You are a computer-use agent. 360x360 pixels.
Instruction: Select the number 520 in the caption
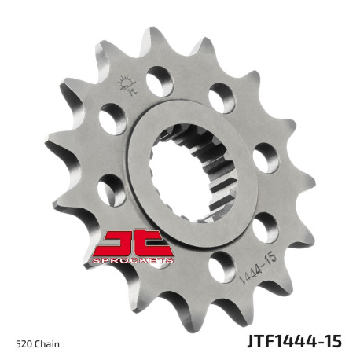pyautogui.click(x=24, y=343)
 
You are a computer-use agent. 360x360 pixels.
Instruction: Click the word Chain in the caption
pyautogui.click(x=46, y=343)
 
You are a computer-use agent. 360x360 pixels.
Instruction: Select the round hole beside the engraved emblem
pyautogui.click(x=159, y=79)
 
